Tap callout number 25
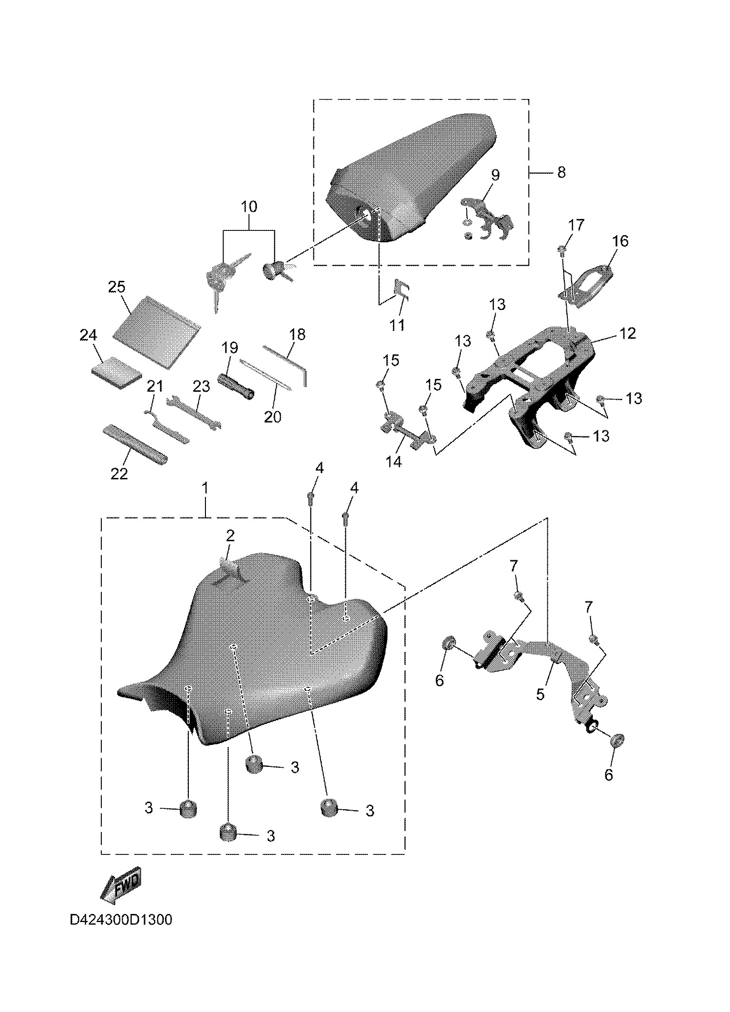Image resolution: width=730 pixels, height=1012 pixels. point(117,288)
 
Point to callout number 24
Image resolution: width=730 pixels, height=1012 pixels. point(88,336)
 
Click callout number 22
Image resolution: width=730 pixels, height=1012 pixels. point(119,474)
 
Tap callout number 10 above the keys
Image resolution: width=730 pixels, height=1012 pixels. point(249,207)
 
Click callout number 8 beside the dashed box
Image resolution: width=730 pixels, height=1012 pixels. point(561,172)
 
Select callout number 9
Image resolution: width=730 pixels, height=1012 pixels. point(496,175)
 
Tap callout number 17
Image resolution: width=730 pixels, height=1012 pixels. point(576,225)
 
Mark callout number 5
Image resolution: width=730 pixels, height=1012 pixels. point(540,694)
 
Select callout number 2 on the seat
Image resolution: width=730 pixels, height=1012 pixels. point(230,536)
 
